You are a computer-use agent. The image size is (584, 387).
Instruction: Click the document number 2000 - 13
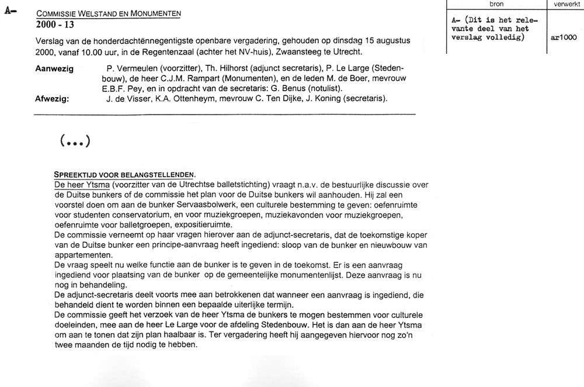(x=55, y=25)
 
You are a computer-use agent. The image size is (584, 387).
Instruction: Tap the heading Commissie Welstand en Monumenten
(x=108, y=13)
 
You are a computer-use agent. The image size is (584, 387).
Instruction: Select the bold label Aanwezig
(x=54, y=69)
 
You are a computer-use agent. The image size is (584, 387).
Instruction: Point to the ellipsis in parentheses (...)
(x=74, y=141)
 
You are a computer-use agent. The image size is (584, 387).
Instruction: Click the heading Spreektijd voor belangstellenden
(x=124, y=175)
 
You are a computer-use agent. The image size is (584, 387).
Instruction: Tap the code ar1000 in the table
(x=564, y=37)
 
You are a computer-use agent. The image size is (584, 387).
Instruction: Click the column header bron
(x=496, y=4)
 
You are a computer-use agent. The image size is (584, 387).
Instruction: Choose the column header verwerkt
(x=564, y=4)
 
